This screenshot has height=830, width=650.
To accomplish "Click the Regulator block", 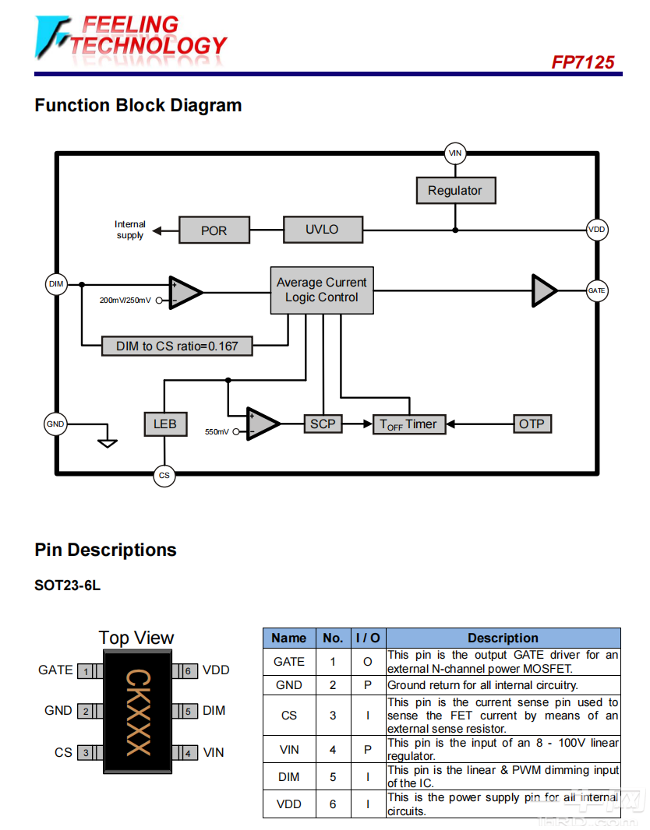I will [455, 191].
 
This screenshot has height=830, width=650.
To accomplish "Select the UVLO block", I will [322, 230].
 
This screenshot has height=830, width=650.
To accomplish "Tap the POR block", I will [214, 230].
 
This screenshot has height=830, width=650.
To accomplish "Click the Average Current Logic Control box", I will [321, 290].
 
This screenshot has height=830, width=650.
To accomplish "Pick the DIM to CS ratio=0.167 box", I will [178, 346].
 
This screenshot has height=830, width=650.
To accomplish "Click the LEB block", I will [164, 424].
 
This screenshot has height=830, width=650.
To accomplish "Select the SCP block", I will [322, 424].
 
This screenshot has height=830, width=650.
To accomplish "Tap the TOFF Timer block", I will [408, 424].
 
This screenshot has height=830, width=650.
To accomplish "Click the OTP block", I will [532, 424].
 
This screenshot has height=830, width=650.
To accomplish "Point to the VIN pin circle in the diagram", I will [455, 153].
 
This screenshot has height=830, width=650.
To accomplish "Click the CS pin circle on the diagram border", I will [164, 475].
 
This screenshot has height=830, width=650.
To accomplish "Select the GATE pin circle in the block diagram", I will [596, 290].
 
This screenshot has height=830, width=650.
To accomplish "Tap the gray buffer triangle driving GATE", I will [543, 290].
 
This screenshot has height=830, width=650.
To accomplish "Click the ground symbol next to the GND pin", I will [108, 442].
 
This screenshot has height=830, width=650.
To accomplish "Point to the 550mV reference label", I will [217, 431].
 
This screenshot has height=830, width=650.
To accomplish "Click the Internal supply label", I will [130, 230].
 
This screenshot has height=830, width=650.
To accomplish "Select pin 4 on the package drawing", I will [188, 753].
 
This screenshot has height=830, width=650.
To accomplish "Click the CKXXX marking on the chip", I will [137, 712].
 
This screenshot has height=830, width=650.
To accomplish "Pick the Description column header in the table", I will [503, 638].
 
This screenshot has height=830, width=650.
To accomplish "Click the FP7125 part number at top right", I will [582, 62].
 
